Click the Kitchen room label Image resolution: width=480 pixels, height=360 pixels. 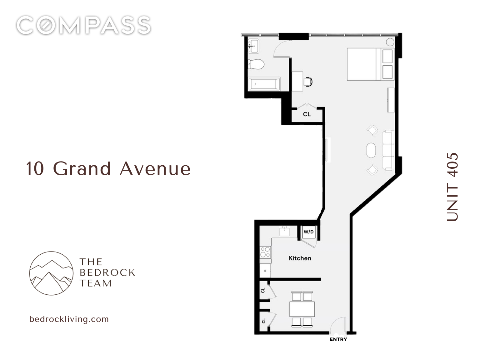click(x=300, y=258)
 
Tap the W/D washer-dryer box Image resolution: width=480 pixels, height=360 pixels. click(x=309, y=232)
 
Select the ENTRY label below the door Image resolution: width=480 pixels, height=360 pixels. click(x=338, y=339)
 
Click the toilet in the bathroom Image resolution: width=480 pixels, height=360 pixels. click(x=256, y=64)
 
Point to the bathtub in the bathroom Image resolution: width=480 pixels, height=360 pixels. click(x=264, y=84)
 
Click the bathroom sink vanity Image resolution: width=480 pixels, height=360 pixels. click(x=254, y=46)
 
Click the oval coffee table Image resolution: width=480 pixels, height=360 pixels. click(x=371, y=150)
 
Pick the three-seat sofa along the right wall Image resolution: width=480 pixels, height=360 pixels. click(x=388, y=150)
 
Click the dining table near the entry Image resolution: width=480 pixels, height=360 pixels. click(x=302, y=309)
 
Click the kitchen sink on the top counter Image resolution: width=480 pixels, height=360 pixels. click(x=285, y=232)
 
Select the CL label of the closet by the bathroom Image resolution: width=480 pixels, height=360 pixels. click(x=307, y=114)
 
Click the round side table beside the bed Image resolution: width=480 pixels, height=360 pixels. click(x=390, y=42)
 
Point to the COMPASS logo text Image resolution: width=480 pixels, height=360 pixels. click(x=83, y=25)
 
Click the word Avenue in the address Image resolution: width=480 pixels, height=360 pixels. click(x=155, y=169)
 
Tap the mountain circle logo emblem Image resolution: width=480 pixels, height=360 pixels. click(x=51, y=273)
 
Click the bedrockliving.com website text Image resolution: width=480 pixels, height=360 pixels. click(x=69, y=319)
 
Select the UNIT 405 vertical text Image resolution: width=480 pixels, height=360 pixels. click(x=452, y=187)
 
